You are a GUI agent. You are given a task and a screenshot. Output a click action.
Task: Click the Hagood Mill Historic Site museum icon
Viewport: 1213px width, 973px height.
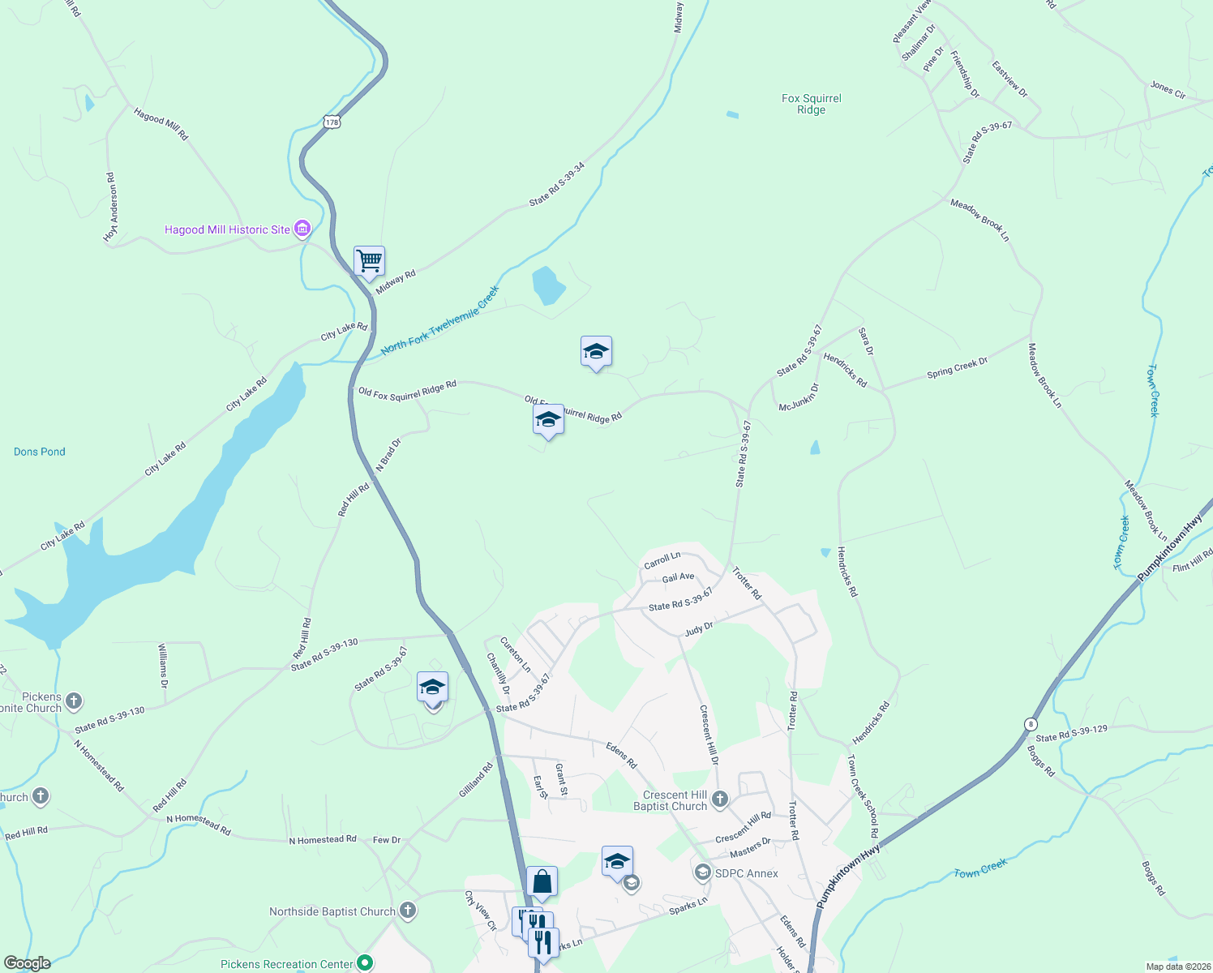pyautogui.click(x=302, y=229)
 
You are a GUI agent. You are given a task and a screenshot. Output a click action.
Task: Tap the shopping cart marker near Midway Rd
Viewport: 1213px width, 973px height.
pyautogui.click(x=369, y=261)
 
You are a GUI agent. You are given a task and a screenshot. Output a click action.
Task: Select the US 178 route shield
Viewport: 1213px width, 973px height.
pyautogui.click(x=331, y=122)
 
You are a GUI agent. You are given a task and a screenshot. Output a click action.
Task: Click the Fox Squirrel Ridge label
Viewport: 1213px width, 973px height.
pyautogui.click(x=811, y=104)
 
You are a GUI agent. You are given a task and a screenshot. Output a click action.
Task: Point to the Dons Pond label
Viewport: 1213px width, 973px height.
pyautogui.click(x=40, y=452)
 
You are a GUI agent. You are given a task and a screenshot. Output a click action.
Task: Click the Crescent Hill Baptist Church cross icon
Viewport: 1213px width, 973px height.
pyautogui.click(x=719, y=801)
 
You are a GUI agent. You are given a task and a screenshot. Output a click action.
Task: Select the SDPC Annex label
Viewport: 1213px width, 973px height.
pyautogui.click(x=746, y=873)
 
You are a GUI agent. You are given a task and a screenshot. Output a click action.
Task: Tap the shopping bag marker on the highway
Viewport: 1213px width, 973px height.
pyautogui.click(x=542, y=881)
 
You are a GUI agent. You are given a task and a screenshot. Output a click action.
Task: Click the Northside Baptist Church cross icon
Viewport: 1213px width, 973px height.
pyautogui.click(x=408, y=911)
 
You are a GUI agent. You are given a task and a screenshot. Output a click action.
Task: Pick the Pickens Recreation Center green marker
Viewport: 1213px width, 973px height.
pyautogui.click(x=365, y=963)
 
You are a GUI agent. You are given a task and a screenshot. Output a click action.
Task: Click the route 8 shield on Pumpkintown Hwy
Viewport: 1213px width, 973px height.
pyautogui.click(x=1031, y=724)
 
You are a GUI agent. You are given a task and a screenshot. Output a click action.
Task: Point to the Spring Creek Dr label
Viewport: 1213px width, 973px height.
pyautogui.click(x=957, y=368)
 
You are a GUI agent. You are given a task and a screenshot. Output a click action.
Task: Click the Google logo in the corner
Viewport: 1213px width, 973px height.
pyautogui.click(x=27, y=963)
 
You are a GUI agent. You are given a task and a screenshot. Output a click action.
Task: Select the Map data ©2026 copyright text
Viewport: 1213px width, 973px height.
pyautogui.click(x=1176, y=967)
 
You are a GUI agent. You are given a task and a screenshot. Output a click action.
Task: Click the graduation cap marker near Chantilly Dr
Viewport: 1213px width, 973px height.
pyautogui.click(x=432, y=688)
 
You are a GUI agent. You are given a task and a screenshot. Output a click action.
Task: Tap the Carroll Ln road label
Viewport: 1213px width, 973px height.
pyautogui.click(x=662, y=559)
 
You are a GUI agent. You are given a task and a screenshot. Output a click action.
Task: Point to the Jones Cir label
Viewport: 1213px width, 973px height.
pyautogui.click(x=1168, y=90)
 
